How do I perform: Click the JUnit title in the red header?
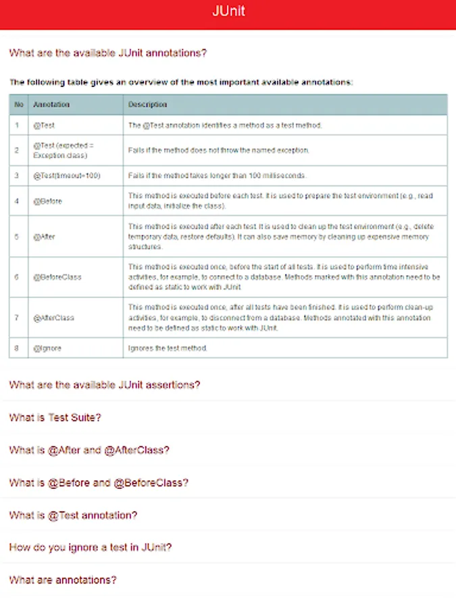[228, 11]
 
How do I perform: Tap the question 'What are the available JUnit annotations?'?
[108, 53]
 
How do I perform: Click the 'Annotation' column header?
[51, 105]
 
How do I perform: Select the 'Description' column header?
[147, 105]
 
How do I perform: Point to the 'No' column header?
[19, 105]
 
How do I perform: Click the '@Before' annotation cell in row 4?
[47, 201]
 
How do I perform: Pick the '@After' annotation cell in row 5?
[44, 237]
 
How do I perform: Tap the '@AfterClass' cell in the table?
[53, 318]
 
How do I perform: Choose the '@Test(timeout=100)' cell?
[66, 176]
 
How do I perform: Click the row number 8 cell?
[18, 348]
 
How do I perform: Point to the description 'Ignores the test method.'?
[168, 348]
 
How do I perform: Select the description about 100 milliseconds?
[217, 176]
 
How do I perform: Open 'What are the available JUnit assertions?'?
[105, 385]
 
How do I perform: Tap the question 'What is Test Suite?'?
[55, 417]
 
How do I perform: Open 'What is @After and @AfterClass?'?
[89, 450]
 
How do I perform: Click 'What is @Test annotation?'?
[73, 515]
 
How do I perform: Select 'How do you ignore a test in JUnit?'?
[90, 548]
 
